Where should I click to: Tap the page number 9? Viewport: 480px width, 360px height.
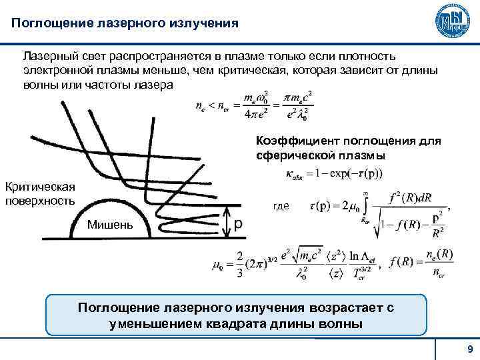click(x=470, y=350)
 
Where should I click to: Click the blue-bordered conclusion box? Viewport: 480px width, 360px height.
click(x=236, y=315)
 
